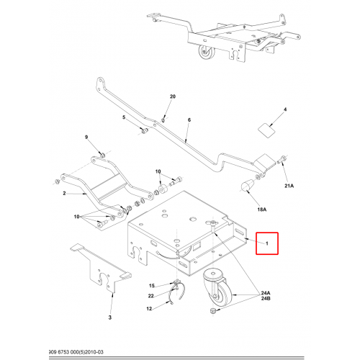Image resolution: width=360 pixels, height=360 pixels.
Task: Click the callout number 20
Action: [173, 96]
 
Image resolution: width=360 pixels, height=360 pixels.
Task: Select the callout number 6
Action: [189, 120]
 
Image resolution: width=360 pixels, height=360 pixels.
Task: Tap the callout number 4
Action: [285, 109]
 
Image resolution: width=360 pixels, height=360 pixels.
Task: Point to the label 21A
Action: [289, 186]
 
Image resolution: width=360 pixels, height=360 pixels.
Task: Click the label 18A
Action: [262, 210]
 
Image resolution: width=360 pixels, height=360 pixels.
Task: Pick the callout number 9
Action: [86, 138]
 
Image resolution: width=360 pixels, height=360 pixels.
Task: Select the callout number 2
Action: [64, 193]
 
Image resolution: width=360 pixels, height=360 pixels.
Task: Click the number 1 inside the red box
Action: [267, 243]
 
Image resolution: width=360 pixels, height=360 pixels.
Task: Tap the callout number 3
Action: [110, 318]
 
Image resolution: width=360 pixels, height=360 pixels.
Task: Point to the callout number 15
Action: [152, 286]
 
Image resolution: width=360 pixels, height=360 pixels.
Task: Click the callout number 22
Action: [150, 296]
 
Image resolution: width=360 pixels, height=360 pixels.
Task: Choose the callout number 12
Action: [149, 309]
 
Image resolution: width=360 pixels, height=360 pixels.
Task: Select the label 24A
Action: [266, 293]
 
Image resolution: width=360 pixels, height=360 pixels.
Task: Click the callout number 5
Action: [124, 117]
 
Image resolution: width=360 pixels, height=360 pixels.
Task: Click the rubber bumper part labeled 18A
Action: [246, 186]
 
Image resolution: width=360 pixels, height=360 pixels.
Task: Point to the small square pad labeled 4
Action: [266, 130]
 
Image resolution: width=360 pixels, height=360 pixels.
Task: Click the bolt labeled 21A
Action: [282, 160]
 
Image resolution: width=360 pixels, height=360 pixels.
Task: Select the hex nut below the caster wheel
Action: [212, 311]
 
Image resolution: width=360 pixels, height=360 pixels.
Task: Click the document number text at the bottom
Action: [76, 352]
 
